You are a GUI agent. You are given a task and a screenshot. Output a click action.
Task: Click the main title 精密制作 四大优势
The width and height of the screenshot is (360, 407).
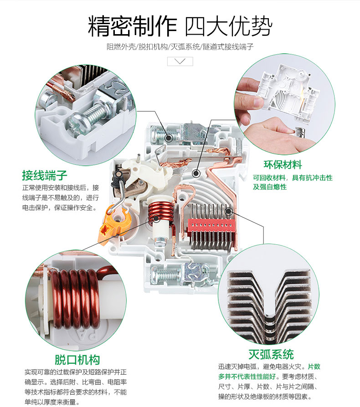pos(180,26)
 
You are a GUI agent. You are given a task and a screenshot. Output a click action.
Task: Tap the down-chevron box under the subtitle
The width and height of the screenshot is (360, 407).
pos(180,61)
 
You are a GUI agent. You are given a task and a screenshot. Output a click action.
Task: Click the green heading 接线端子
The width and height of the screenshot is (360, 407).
pos(45,175)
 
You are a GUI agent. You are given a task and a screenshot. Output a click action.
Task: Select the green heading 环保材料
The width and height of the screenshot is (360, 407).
pos(283,165)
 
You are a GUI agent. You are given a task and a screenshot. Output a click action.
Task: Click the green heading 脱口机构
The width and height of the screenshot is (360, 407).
pos(77,360)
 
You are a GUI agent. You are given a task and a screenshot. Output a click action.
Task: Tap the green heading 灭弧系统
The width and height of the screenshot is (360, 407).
pos(271,354)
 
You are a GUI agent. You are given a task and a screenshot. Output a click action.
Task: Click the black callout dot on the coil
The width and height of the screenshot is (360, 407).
pos(156,218)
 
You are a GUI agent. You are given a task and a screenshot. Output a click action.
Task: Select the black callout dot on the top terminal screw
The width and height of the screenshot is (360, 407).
pos(169,137)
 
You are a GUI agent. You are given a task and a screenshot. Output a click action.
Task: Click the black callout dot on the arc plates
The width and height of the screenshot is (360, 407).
pos(228,211)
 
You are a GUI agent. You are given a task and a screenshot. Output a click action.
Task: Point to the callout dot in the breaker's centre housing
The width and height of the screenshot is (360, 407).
pos(196,173)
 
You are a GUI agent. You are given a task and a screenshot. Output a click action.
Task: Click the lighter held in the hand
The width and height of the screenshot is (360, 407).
pos(300,132)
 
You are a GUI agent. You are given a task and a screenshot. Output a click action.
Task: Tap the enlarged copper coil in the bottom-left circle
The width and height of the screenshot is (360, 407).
pos(75,299)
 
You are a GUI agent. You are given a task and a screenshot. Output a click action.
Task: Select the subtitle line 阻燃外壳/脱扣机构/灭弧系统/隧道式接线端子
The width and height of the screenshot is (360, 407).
pos(180,47)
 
